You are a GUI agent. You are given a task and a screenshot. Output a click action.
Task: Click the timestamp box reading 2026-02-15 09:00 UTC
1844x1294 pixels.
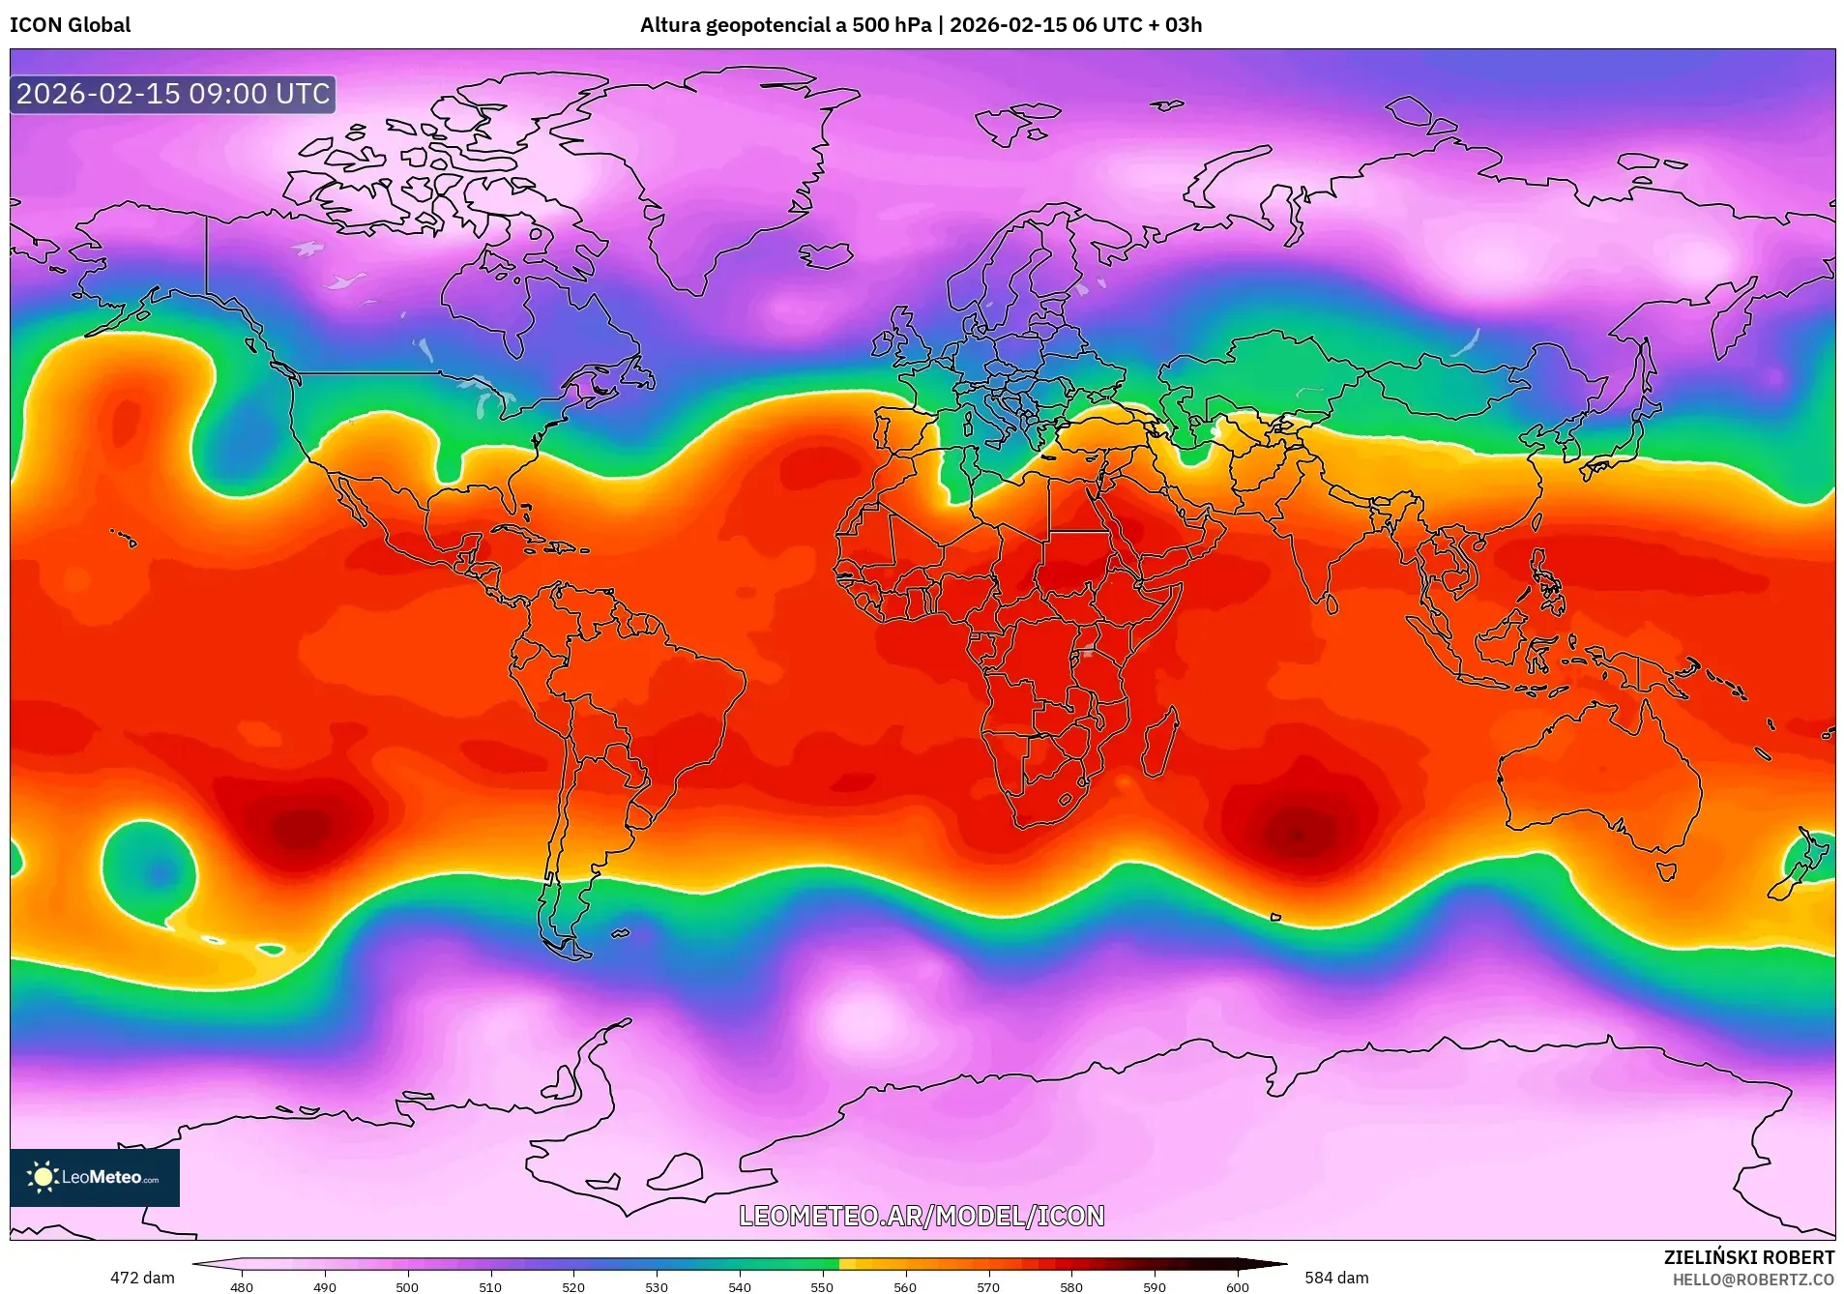click(173, 94)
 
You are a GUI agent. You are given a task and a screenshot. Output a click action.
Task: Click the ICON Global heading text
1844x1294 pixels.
click(70, 25)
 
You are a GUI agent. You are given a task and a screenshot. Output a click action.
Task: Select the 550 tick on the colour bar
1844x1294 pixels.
click(822, 1286)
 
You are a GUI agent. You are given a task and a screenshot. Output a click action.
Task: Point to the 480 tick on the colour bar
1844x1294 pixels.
click(242, 1286)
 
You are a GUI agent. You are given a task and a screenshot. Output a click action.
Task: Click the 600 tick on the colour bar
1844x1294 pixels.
click(1237, 1286)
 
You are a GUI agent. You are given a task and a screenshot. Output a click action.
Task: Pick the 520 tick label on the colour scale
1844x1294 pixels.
click(573, 1287)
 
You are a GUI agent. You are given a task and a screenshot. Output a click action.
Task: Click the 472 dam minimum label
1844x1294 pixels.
click(142, 1278)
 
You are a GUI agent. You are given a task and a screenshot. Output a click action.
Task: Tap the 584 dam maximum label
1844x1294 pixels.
click(1336, 1278)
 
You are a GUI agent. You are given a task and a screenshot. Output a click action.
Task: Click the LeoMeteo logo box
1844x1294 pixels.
click(95, 1177)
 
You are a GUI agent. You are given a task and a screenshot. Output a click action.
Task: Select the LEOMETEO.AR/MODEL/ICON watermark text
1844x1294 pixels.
click(922, 1216)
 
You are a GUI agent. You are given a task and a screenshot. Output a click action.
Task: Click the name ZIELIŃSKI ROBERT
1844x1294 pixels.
click(1748, 1257)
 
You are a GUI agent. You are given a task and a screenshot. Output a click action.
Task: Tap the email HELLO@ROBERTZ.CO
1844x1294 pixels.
click(1753, 1279)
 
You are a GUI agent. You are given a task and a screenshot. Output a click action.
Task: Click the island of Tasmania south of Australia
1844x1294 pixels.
click(1666, 871)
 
